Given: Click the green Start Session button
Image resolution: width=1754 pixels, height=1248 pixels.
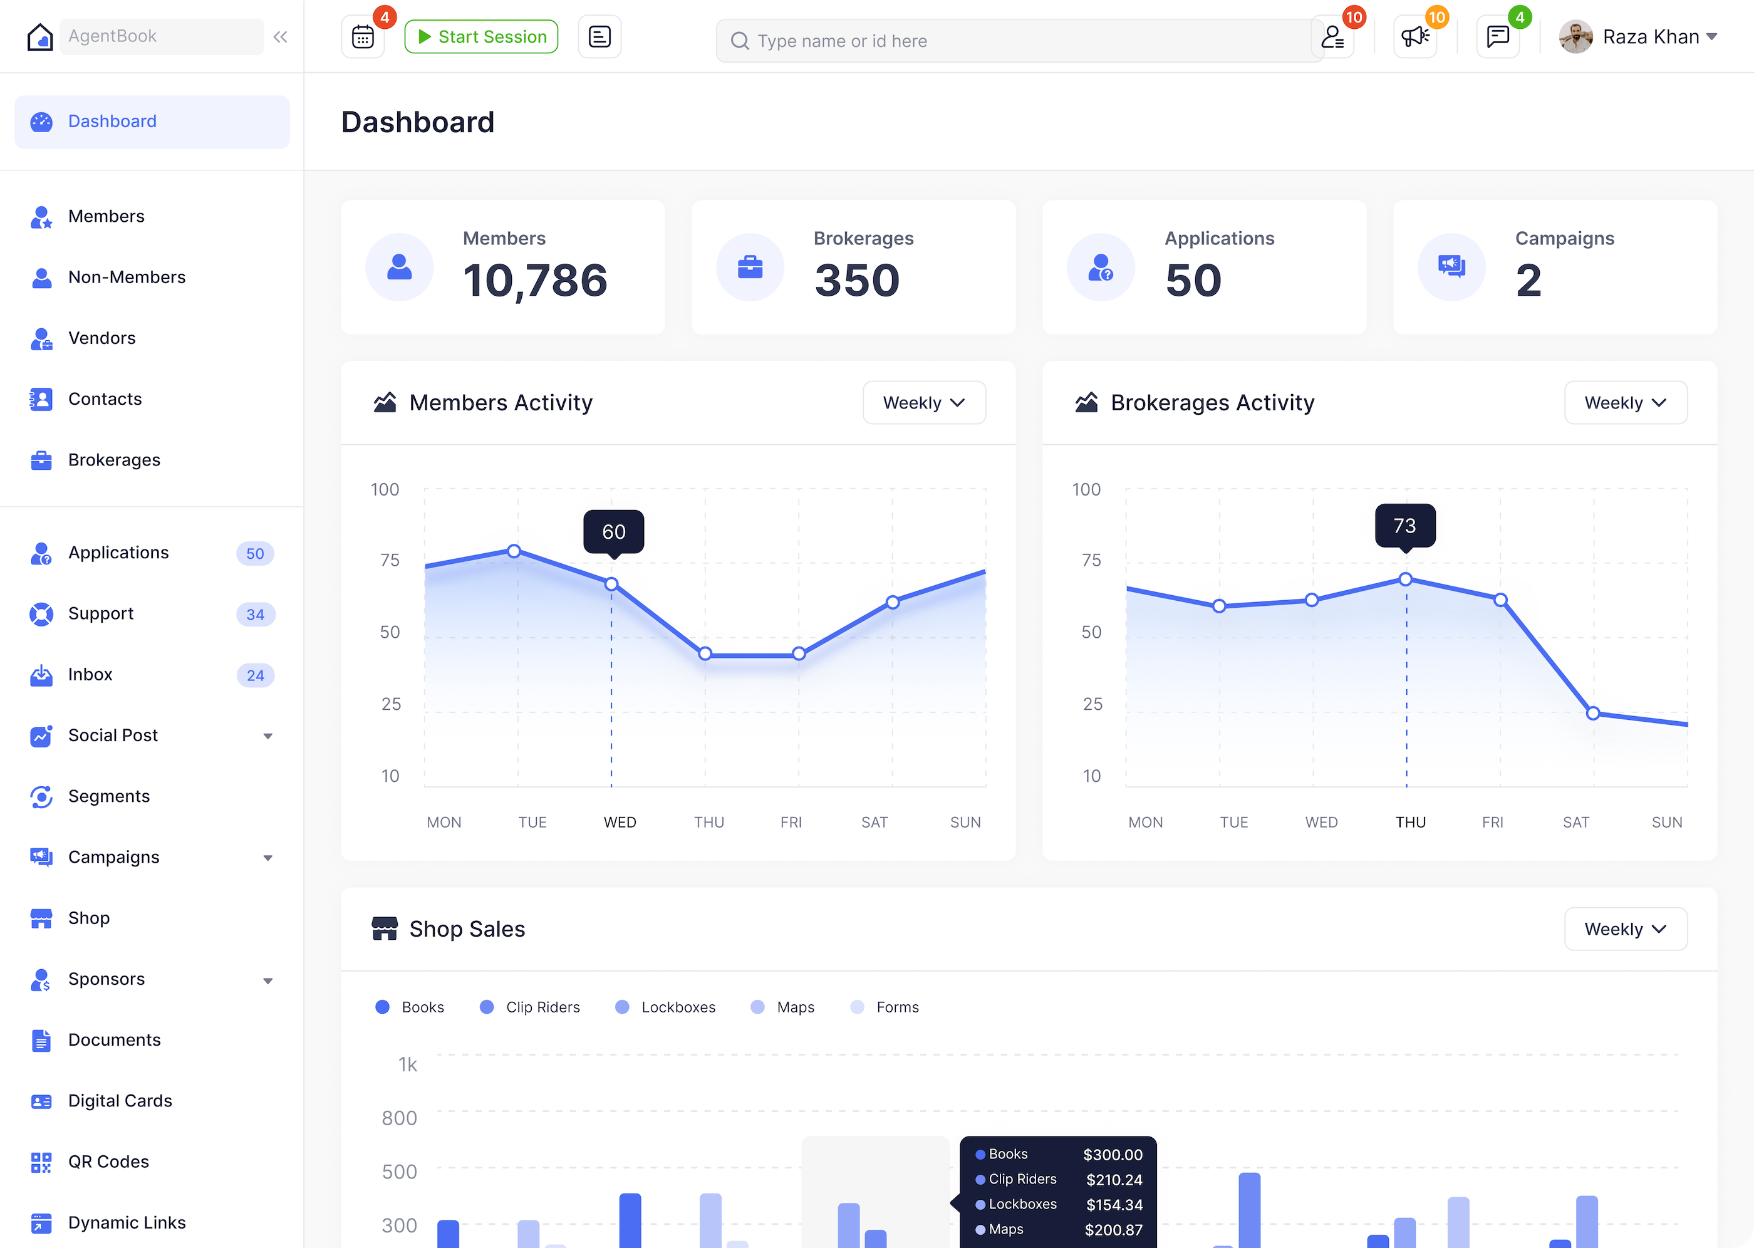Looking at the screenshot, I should pyautogui.click(x=481, y=37).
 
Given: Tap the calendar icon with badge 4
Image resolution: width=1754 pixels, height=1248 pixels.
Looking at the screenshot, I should pyautogui.click(x=363, y=37).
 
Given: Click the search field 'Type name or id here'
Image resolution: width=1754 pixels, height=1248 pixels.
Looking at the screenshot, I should pyautogui.click(x=1014, y=41).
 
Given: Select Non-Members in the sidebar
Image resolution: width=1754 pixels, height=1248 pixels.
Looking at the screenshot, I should pyautogui.click(x=127, y=278).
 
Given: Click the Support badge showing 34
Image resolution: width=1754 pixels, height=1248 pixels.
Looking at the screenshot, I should pyautogui.click(x=255, y=615).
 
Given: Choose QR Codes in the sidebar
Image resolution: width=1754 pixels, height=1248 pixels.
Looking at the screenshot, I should pyautogui.click(x=108, y=1162).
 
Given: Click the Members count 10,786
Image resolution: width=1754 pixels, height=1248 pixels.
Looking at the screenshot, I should pyautogui.click(x=535, y=281).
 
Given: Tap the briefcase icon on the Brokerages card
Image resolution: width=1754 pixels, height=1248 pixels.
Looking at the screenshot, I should pyautogui.click(x=750, y=268).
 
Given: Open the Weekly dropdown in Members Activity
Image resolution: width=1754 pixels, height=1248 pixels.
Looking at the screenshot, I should pyautogui.click(x=924, y=403).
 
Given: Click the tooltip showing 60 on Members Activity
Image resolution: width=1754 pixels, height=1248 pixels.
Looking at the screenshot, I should pyautogui.click(x=613, y=531).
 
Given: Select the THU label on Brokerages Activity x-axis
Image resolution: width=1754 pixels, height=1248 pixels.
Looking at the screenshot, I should pyautogui.click(x=1411, y=822).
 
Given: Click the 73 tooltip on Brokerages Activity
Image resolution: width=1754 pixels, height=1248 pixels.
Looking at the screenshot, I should pyautogui.click(x=1404, y=525).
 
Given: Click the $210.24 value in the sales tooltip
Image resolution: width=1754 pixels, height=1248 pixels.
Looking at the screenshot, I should pyautogui.click(x=1114, y=1180).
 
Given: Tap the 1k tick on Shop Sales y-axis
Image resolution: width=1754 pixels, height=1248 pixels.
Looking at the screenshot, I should pyautogui.click(x=407, y=1065).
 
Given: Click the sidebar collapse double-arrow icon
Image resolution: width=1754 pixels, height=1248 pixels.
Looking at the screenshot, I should pyautogui.click(x=281, y=37).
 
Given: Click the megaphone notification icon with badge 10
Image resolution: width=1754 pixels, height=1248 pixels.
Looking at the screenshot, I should pyautogui.click(x=1414, y=37).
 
